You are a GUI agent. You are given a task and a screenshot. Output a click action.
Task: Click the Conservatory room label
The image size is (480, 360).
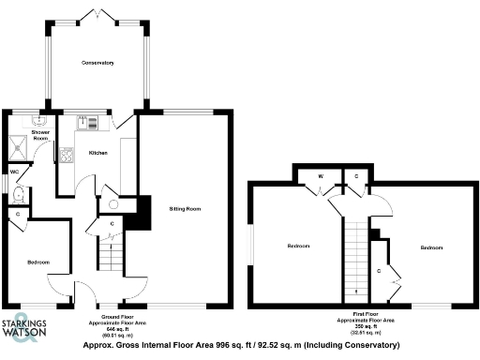point(97,64)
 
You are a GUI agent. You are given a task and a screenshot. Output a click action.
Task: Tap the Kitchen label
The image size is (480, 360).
point(98,153)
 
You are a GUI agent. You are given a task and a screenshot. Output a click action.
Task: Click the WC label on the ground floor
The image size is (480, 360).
point(15,172)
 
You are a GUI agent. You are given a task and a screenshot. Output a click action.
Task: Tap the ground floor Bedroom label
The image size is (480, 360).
point(38,262)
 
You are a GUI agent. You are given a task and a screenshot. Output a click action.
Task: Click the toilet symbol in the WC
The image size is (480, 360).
point(20,195)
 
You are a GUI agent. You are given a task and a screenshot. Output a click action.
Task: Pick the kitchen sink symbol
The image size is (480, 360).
point(85,120)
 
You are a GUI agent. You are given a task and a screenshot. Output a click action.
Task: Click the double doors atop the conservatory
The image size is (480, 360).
point(97,13)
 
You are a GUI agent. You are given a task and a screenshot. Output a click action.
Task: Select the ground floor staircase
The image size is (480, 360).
point(112,253)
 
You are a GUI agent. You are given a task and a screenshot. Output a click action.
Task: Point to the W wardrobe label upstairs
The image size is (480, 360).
point(322,174)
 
